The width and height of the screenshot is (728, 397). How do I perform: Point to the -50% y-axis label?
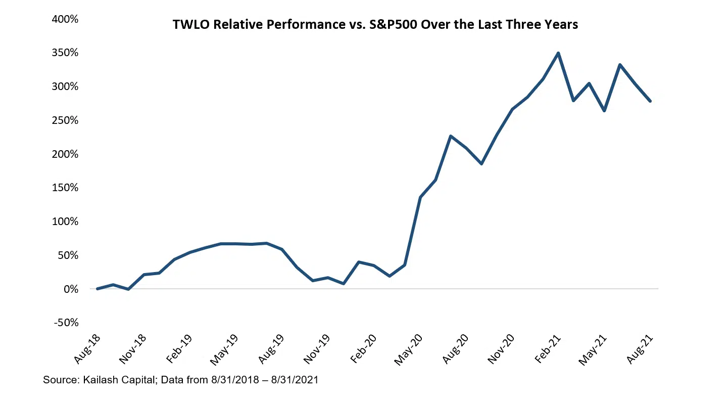tap(65, 323)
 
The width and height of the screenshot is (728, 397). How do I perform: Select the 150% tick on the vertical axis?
tap(65, 188)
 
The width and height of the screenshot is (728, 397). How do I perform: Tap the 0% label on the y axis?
tap(70, 289)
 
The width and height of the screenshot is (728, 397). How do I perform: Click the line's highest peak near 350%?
tap(558, 53)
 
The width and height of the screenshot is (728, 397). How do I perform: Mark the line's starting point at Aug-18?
tap(98, 289)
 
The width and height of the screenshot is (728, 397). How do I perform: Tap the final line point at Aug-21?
tap(650, 101)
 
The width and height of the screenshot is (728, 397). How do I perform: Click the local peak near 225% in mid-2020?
tap(451, 136)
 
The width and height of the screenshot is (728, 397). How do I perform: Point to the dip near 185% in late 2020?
tap(481, 163)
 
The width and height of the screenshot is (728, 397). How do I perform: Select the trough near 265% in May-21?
tap(604, 110)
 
